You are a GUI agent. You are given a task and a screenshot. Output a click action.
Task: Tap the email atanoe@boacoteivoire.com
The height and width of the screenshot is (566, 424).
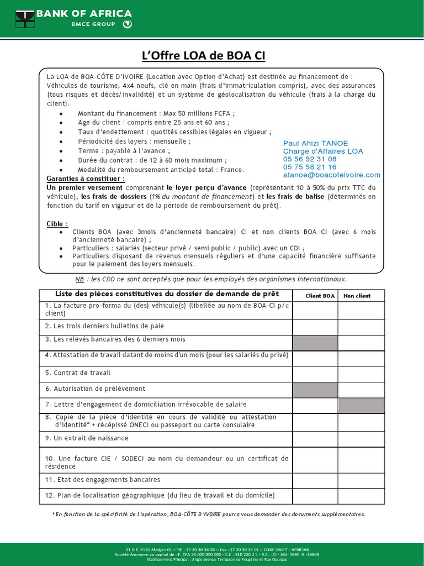pyautogui.click(x=331, y=175)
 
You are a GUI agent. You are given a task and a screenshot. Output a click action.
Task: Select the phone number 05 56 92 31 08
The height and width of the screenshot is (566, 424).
pyautogui.click(x=309, y=159)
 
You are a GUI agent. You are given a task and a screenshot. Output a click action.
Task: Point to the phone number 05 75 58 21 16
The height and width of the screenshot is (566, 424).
pyautogui.click(x=309, y=166)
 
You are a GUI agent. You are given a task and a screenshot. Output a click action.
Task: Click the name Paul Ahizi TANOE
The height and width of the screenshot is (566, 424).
pyautogui.click(x=315, y=143)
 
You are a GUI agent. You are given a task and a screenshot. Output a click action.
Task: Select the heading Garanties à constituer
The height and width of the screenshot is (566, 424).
pyautogui.click(x=86, y=179)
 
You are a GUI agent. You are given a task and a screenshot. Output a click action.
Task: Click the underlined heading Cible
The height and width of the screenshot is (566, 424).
pyautogui.click(x=57, y=223)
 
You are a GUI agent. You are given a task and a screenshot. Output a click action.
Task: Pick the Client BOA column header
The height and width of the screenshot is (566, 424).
pyautogui.click(x=320, y=296)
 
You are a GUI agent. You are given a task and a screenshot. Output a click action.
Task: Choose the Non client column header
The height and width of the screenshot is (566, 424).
pyautogui.click(x=357, y=296)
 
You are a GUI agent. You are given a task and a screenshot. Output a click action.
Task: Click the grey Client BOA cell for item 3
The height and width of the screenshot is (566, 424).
pyautogui.click(x=315, y=343)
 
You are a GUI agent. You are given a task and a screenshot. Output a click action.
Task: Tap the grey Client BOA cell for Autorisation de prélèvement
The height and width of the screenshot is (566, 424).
pyautogui.click(x=315, y=390)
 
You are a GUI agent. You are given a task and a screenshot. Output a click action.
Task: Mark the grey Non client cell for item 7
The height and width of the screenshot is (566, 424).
pyautogui.click(x=361, y=406)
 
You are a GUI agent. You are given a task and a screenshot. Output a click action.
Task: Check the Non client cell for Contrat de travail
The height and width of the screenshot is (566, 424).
pyautogui.click(x=361, y=374)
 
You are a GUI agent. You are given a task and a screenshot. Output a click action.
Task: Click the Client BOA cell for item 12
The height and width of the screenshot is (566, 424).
pyautogui.click(x=315, y=496)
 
